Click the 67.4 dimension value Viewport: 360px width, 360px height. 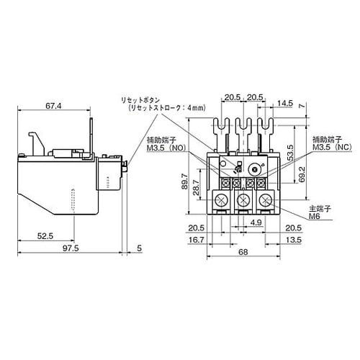point(53,105)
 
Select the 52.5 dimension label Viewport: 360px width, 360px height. point(45,236)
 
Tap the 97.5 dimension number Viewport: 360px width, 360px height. point(71,248)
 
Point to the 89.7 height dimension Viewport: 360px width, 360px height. point(185,181)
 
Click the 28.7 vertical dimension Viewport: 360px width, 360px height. point(196,188)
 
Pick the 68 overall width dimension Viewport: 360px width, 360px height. point(243,252)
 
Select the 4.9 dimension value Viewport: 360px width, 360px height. point(256,222)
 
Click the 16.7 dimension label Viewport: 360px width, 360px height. point(197,240)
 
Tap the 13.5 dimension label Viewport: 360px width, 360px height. point(293,240)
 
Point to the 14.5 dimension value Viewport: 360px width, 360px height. point(285,103)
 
